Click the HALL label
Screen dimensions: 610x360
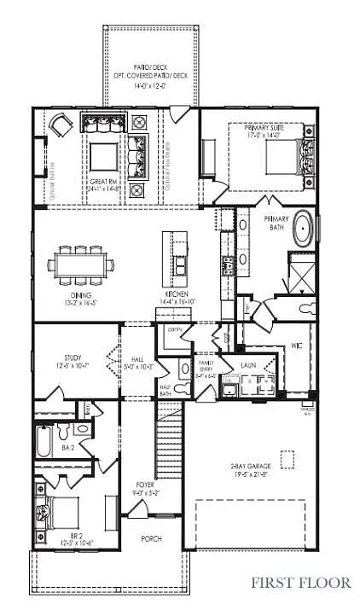pos(136,360)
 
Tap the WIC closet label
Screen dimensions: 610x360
pos(296,346)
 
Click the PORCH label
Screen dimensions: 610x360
pos(151,538)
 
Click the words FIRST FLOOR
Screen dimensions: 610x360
pos(300,583)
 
